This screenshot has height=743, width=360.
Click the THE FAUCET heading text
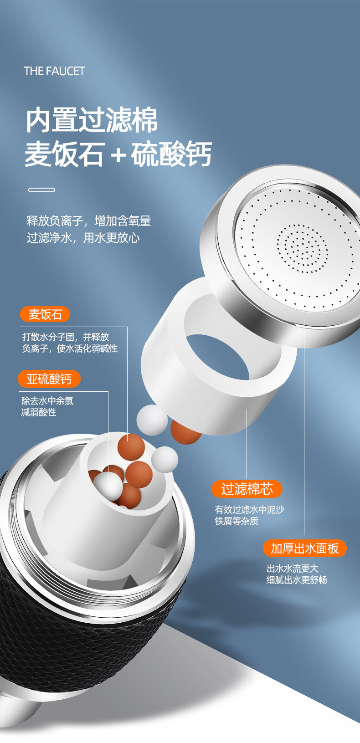click(54, 71)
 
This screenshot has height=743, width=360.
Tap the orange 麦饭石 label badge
click(45, 314)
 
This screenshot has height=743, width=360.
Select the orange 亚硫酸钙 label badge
click(49, 379)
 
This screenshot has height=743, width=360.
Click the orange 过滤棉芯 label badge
click(247, 489)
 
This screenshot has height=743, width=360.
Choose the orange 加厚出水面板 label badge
click(304, 548)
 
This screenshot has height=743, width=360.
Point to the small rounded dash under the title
click(42, 190)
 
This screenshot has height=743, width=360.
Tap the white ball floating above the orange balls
click(152, 420)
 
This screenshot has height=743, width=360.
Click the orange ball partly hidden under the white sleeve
click(185, 433)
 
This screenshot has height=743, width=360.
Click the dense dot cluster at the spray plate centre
click(302, 248)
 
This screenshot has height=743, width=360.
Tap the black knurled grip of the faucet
click(83, 640)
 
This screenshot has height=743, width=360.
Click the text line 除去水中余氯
click(47, 401)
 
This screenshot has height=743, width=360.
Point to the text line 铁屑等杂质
click(237, 521)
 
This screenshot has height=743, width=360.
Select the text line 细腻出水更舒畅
click(297, 580)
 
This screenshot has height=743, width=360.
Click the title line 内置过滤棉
click(92, 119)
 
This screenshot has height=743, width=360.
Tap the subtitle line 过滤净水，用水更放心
click(83, 238)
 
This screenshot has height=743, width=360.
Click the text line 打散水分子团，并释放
click(66, 337)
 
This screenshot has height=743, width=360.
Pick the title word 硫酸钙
click(171, 154)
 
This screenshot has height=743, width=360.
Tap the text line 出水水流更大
click(292, 569)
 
